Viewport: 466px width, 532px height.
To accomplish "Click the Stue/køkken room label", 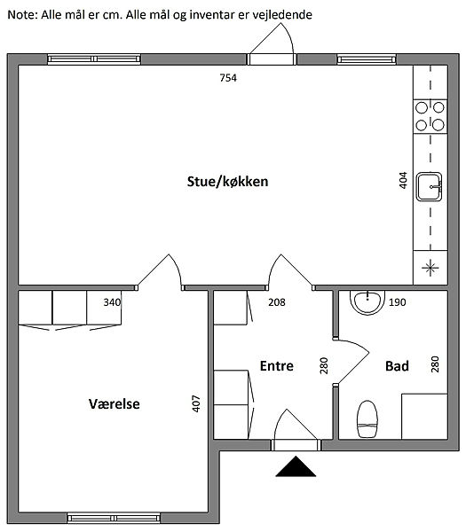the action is (227, 182).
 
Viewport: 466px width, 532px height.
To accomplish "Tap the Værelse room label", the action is (115, 403).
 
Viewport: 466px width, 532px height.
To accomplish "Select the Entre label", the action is (276, 365).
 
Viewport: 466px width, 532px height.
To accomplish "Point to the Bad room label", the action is (397, 366).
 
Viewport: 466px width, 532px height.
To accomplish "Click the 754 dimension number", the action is (228, 78).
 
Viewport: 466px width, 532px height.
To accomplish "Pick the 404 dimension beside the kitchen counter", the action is (402, 181).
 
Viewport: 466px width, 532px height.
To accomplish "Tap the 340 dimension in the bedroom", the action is (112, 302).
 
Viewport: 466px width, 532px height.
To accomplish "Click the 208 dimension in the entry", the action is (277, 302).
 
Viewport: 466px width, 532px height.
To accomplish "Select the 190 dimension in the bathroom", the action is (397, 302).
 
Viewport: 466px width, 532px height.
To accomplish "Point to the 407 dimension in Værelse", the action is (196, 403).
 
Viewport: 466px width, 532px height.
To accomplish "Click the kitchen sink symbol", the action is (430, 186).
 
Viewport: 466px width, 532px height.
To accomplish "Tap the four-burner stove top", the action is (430, 116).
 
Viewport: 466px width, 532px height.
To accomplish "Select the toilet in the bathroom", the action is (367, 419).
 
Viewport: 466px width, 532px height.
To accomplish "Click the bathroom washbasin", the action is (367, 302).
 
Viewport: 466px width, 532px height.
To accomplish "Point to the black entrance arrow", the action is (296, 466).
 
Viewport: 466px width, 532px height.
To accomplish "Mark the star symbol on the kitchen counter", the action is (430, 268).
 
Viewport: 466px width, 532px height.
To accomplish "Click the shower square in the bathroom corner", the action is (424, 417).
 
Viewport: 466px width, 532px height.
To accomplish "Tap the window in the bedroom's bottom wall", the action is (114, 518).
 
